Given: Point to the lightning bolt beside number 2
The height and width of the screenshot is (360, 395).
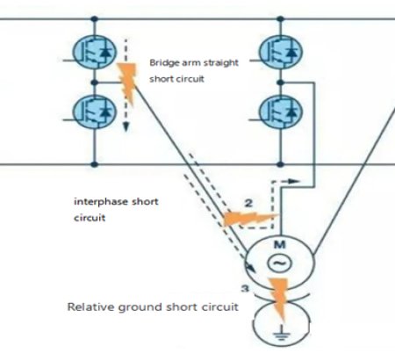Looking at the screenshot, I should point(237,217).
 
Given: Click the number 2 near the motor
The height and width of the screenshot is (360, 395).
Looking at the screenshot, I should point(248,204).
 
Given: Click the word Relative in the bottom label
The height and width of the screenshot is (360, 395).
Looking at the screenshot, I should point(91,308).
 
